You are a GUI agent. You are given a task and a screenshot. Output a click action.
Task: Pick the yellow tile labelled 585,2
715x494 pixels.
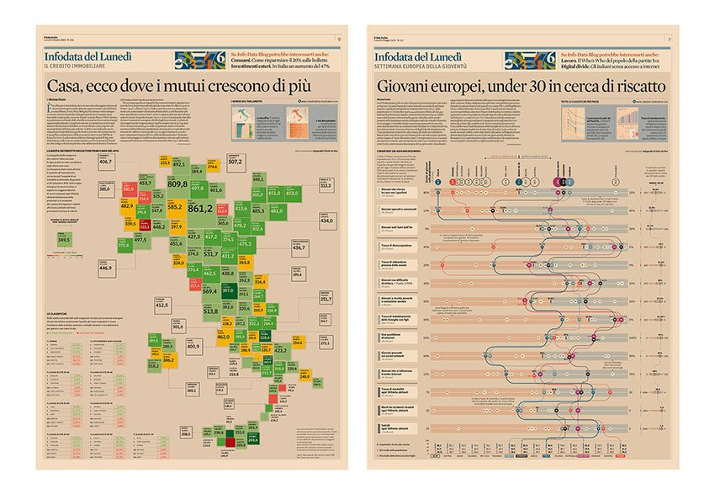pos(174,205)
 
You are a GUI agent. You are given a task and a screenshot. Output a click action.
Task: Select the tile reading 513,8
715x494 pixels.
pos(211,311)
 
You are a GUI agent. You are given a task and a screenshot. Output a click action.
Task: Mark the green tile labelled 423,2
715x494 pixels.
pos(280,348)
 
